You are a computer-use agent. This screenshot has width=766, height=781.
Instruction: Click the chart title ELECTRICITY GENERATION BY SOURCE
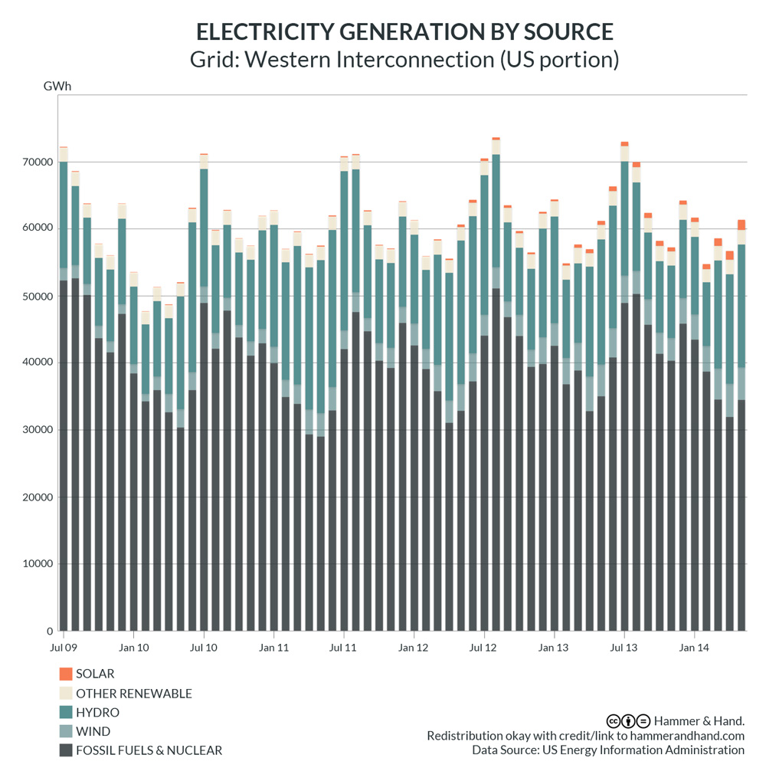click(x=404, y=31)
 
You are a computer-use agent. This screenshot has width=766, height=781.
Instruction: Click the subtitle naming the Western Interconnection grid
click(x=404, y=60)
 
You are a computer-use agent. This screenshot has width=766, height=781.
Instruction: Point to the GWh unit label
click(x=57, y=85)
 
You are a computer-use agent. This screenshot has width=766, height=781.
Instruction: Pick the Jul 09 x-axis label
click(x=64, y=648)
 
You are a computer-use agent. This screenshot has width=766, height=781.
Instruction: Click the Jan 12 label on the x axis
click(x=414, y=648)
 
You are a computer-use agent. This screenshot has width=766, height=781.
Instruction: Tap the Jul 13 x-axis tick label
click(x=624, y=648)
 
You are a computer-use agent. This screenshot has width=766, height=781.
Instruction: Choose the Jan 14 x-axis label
click(x=694, y=648)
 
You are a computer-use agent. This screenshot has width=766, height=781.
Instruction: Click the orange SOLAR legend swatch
click(x=66, y=674)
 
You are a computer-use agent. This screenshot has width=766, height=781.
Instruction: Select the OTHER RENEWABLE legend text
click(x=134, y=694)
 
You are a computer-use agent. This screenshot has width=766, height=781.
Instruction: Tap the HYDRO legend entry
click(x=97, y=713)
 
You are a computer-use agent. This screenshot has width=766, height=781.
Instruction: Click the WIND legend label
click(x=93, y=732)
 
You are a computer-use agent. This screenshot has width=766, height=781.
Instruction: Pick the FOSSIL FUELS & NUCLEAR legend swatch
click(x=66, y=750)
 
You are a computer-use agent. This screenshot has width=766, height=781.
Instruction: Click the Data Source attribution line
click(x=608, y=750)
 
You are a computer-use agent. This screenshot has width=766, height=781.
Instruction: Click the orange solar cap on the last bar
click(x=741, y=225)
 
